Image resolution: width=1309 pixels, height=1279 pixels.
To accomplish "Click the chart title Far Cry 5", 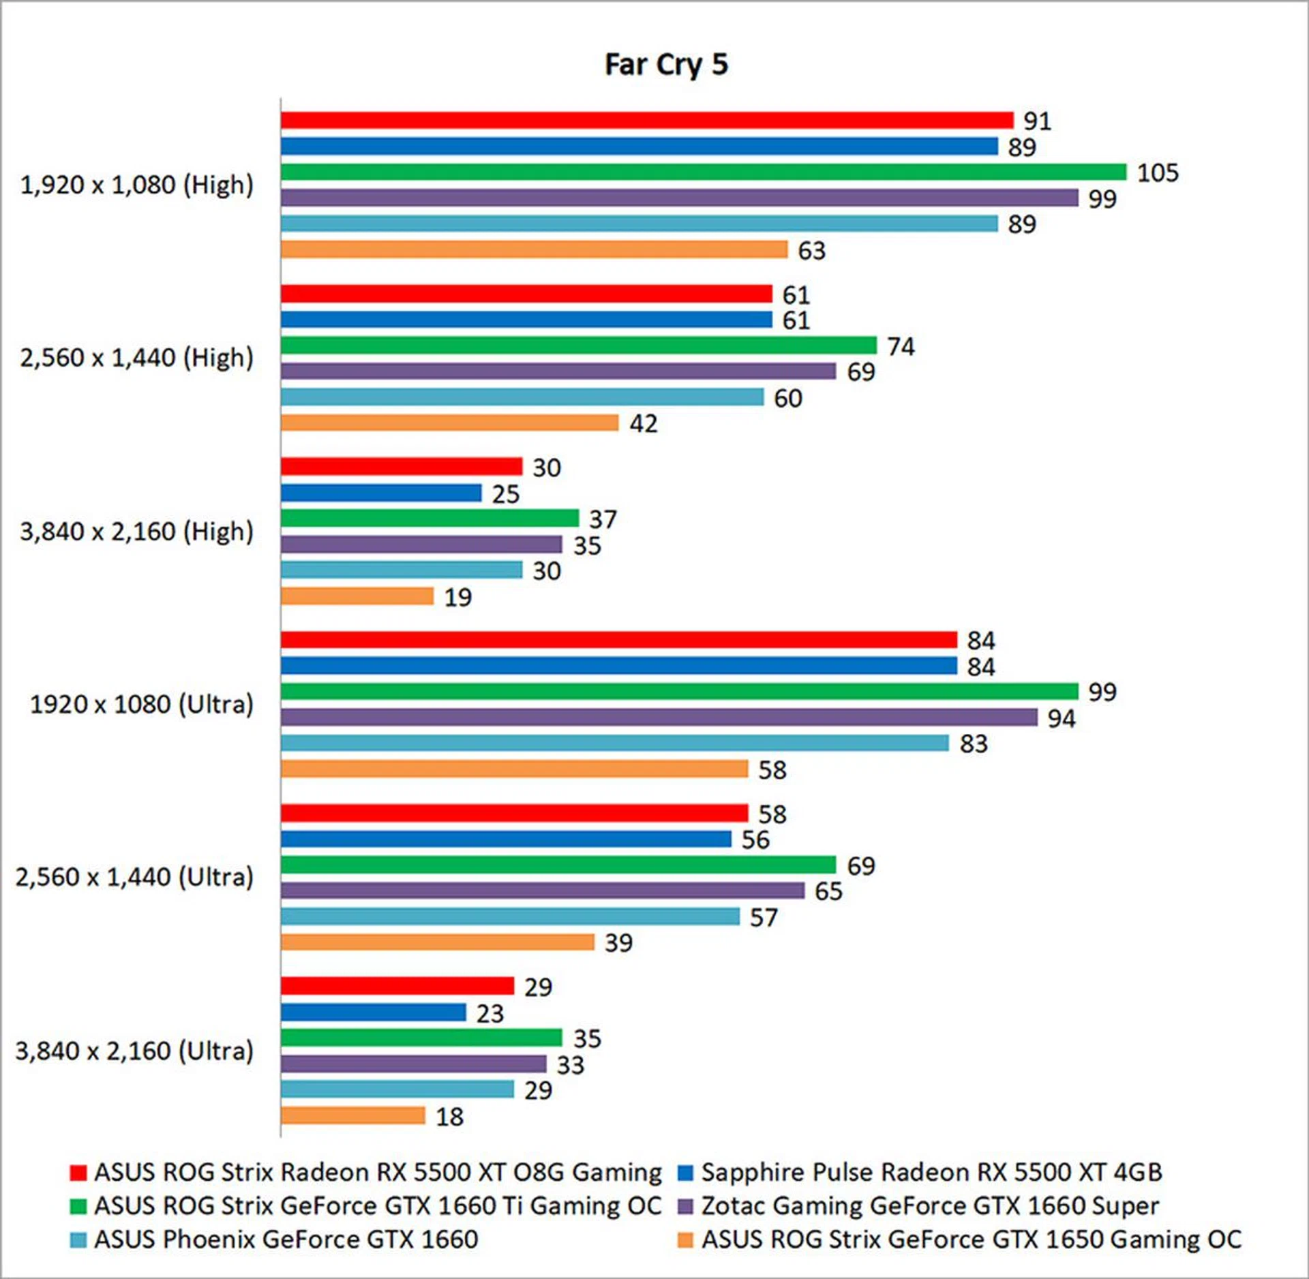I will (666, 65).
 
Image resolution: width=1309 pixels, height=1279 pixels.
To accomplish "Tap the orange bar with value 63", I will (534, 249).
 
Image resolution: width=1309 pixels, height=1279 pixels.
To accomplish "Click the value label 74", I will (900, 346).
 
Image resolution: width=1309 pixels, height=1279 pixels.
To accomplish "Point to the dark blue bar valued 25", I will (380, 493).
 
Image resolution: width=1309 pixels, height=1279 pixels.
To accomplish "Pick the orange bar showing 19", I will (357, 596).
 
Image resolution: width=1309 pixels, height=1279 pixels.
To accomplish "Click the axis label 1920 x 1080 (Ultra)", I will (141, 704).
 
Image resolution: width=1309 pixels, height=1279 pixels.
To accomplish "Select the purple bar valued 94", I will (659, 717).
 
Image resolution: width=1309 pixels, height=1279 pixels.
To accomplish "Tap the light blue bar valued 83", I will (614, 743).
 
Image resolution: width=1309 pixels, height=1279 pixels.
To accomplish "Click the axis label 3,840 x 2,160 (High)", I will (136, 531).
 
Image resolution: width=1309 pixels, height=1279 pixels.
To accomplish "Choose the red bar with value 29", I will (397, 986).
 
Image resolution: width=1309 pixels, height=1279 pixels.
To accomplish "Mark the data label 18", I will (449, 1116).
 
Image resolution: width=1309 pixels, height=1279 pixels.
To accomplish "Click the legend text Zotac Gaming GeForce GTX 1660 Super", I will (930, 1205).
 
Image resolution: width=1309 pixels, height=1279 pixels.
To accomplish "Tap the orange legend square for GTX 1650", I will (685, 1240).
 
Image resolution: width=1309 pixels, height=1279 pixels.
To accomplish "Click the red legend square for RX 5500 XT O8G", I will (78, 1173).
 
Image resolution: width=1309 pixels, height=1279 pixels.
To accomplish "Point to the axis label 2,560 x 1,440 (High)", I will (136, 357).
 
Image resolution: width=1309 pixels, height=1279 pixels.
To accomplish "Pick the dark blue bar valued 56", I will (505, 839).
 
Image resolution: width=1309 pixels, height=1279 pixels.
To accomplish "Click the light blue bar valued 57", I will (509, 916).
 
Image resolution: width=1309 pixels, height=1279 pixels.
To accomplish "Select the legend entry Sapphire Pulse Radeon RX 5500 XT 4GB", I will (931, 1172).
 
